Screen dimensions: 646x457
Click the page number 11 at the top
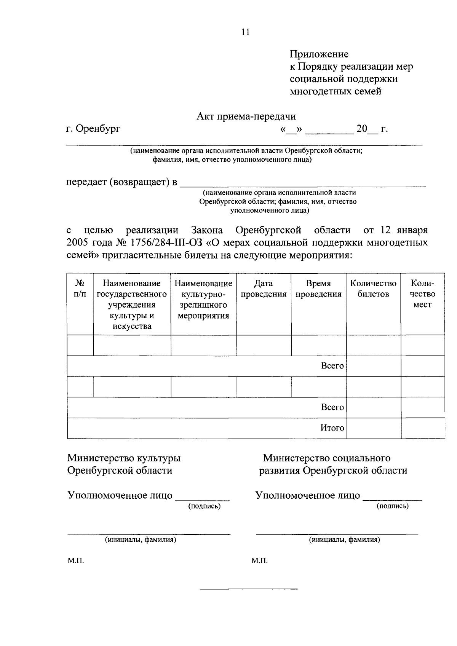click(x=245, y=32)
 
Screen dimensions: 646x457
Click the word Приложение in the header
click(x=319, y=54)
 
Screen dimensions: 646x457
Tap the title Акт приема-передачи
click(x=246, y=116)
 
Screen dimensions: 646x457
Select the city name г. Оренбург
click(x=93, y=129)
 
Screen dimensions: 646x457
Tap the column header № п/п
click(x=80, y=289)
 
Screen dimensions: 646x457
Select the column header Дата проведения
click(x=264, y=289)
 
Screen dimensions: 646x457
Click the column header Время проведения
click(x=318, y=289)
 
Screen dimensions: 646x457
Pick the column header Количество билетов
click(x=373, y=289)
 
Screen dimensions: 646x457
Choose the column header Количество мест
click(x=422, y=294)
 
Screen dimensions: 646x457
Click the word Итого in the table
click(x=332, y=428)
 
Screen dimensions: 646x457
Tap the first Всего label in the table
click(x=332, y=366)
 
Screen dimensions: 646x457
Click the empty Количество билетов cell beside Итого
click(x=373, y=428)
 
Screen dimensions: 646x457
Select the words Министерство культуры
click(x=124, y=458)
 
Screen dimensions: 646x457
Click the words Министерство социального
click(x=326, y=458)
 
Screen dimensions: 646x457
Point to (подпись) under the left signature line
click(x=205, y=506)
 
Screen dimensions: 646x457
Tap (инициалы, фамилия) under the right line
click(x=344, y=539)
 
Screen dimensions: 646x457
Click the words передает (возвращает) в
click(x=122, y=182)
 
